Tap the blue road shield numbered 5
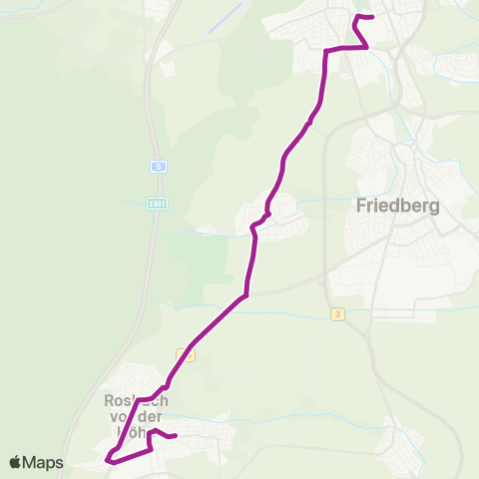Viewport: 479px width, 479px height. (x=158, y=167)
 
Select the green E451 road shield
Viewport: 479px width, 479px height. (x=156, y=203)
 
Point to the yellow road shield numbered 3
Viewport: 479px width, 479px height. (x=338, y=314)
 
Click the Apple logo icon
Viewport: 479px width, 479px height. (x=16, y=462)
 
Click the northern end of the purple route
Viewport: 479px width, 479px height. (x=371, y=17)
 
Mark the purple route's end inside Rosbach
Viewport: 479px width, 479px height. (x=175, y=436)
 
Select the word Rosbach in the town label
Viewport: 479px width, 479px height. (x=131, y=401)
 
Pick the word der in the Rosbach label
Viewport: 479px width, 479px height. (x=147, y=417)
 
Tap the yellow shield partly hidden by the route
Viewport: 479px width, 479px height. (x=184, y=354)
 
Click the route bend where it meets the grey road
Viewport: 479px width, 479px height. (x=244, y=295)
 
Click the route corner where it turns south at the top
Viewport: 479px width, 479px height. (x=326, y=50)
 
